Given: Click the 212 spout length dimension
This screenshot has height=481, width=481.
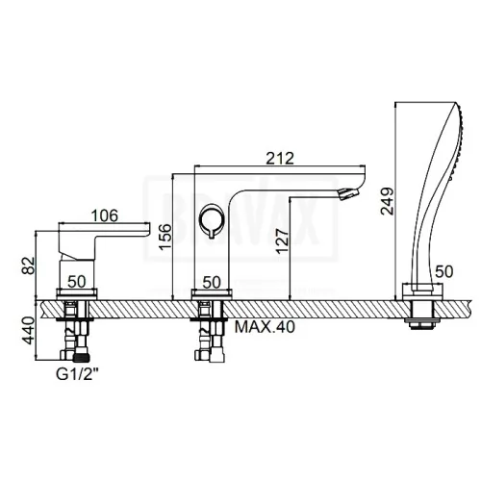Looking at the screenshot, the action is click(280, 159).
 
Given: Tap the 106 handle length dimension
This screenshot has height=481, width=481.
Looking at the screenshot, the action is click(105, 215).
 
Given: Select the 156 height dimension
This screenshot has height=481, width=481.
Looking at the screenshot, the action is click(165, 237).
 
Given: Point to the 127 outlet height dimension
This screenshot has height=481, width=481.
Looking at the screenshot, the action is click(283, 241).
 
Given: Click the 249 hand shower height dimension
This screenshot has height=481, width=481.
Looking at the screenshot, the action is click(387, 201).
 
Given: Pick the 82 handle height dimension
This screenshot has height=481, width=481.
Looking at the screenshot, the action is click(28, 266).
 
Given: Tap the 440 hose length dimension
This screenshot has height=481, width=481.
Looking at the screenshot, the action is click(28, 330).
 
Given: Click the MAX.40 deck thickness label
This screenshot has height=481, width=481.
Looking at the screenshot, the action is click(265, 327).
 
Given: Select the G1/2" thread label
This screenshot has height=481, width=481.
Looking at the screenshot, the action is click(77, 374).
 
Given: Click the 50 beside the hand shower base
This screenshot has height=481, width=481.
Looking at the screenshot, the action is click(443, 271).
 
